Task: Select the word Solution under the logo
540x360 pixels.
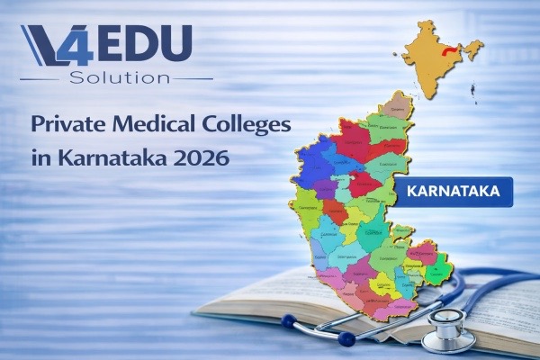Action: point(118,78)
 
